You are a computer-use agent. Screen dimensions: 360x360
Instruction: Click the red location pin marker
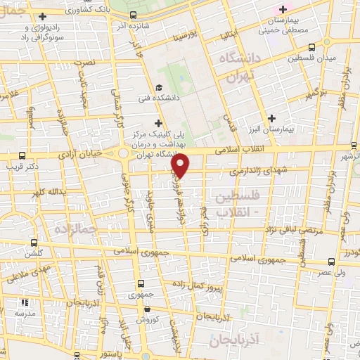coord(181,165)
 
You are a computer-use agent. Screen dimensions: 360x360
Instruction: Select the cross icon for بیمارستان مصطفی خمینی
coord(283,9)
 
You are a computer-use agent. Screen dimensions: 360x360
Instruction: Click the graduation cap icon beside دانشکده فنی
coord(160,87)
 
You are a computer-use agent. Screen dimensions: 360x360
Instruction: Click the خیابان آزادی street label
coord(78,153)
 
